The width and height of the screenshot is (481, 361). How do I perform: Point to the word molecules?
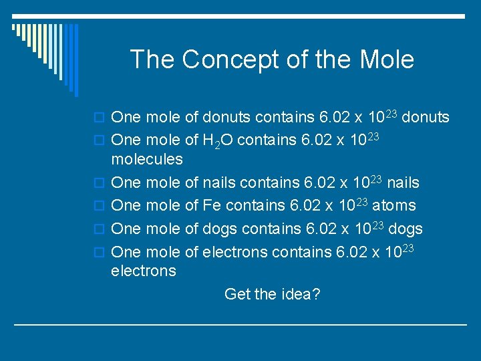click(146, 159)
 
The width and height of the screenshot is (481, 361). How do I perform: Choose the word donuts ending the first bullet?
click(425, 118)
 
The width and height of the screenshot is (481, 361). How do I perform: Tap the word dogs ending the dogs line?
click(405, 229)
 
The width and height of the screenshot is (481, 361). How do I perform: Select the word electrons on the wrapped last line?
click(144, 271)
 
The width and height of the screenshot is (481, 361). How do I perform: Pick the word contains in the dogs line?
click(266, 229)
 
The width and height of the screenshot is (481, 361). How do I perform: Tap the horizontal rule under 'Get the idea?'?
click(240, 324)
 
